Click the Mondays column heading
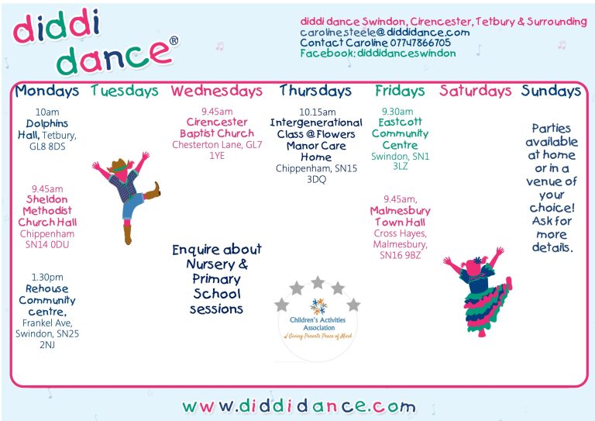click(47, 91)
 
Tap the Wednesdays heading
click(216, 91)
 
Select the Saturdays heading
click(476, 91)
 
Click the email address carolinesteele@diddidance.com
click(385, 33)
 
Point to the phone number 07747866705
click(421, 43)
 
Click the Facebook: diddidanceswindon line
click(378, 53)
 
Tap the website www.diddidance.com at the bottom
click(299, 406)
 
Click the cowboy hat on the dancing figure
click(119, 165)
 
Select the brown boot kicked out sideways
click(153, 191)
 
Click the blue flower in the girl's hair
click(478, 261)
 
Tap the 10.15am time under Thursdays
click(317, 112)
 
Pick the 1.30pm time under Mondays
click(47, 277)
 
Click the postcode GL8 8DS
click(47, 147)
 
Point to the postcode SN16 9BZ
click(401, 255)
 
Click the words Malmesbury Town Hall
click(401, 216)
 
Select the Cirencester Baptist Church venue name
click(217, 128)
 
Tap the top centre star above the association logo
click(318, 282)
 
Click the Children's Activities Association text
click(318, 323)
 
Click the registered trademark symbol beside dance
click(174, 40)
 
